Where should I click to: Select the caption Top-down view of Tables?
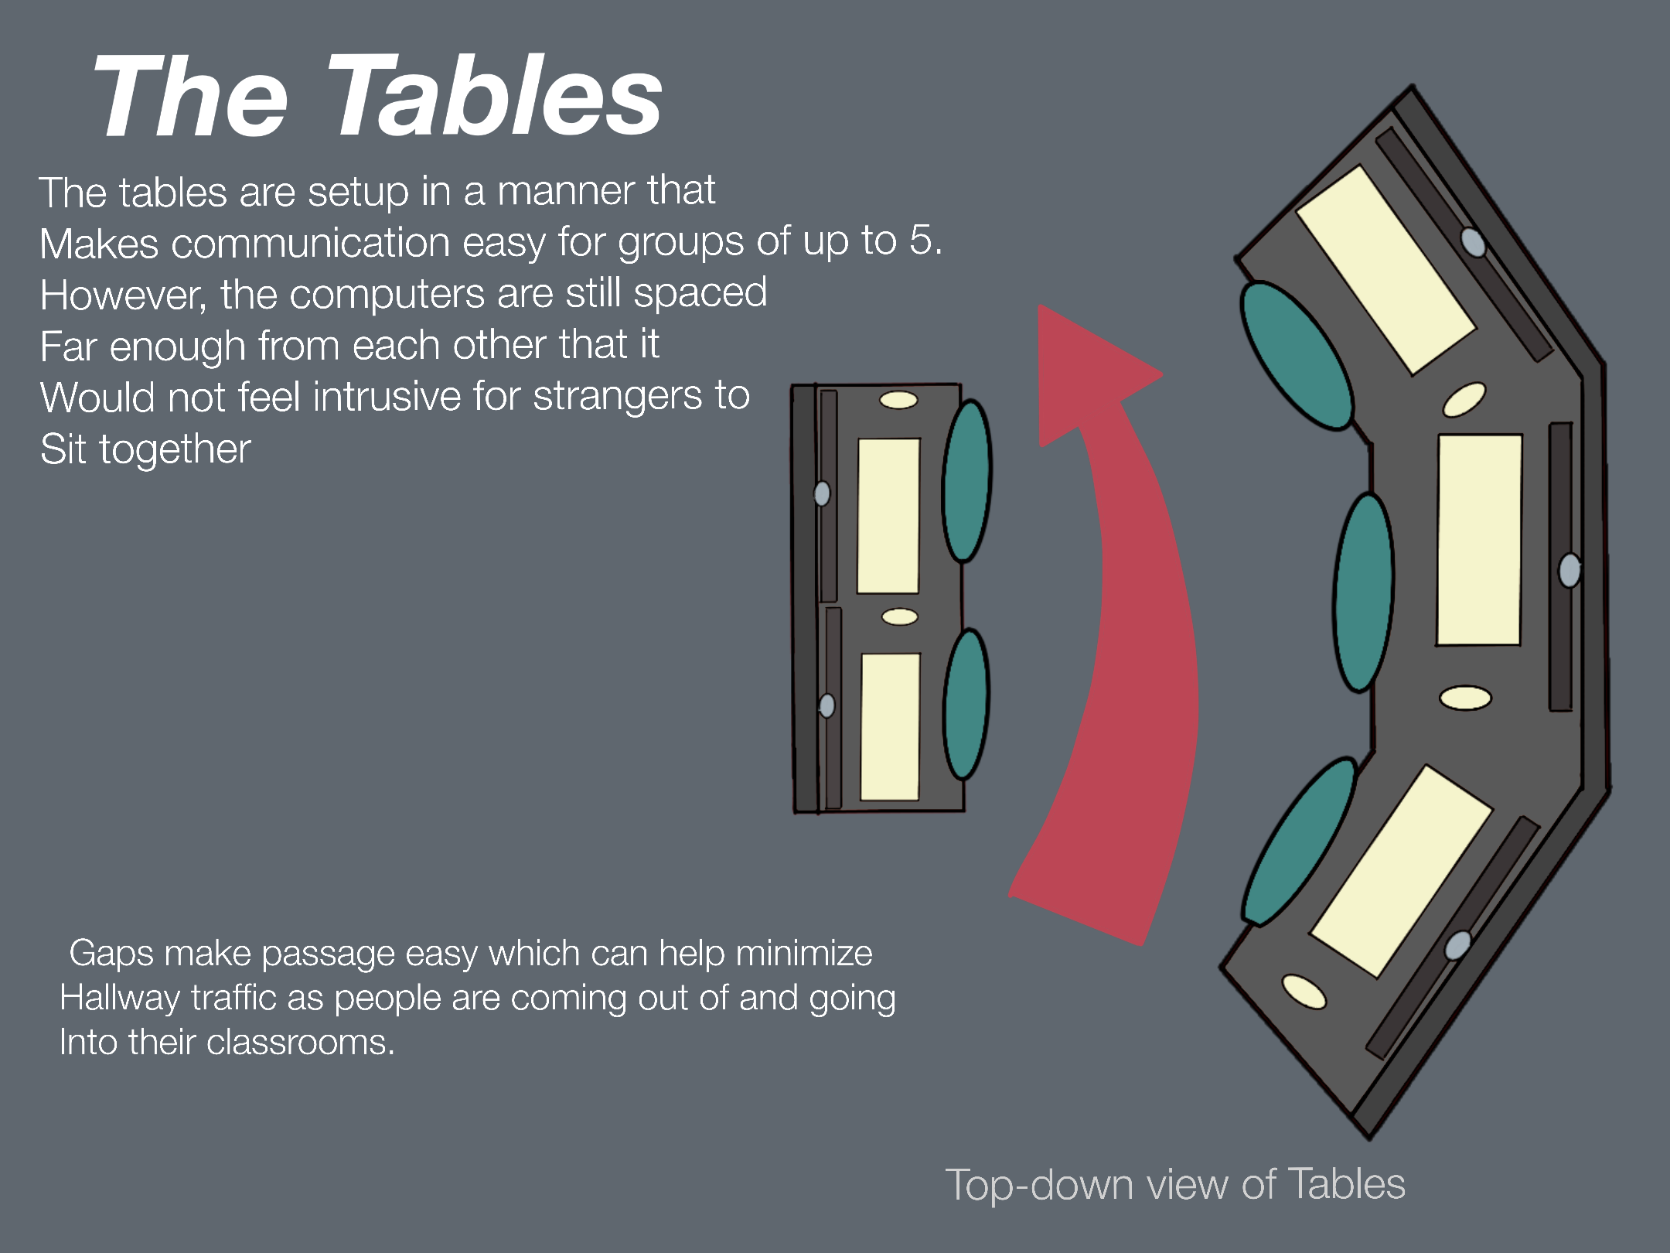[1175, 1185]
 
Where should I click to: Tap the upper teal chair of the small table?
[966, 480]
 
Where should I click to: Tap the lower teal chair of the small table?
[966, 704]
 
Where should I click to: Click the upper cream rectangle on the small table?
[888, 516]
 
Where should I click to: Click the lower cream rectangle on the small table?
[891, 727]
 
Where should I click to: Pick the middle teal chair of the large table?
[1364, 592]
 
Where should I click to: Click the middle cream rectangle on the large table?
[1479, 540]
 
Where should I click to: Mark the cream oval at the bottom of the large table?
[1304, 992]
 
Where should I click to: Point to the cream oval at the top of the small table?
[898, 400]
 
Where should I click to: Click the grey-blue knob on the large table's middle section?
[1569, 571]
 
